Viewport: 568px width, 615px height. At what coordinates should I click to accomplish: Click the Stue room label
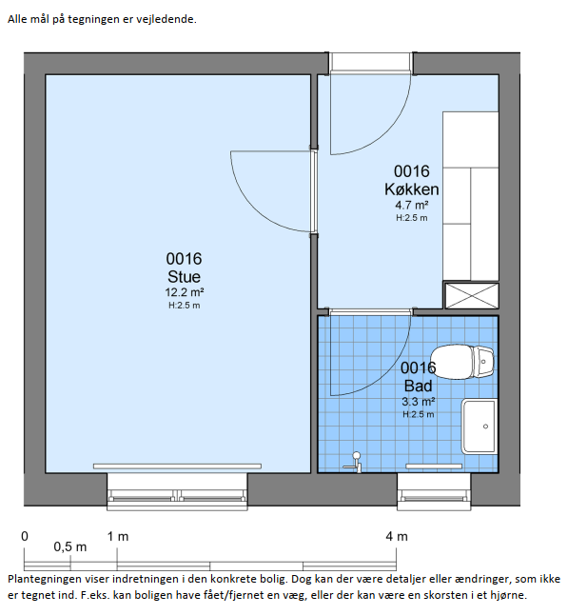tap(184, 276)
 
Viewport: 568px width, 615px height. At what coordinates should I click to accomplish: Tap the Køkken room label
tap(412, 189)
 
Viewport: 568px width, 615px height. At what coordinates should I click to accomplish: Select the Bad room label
tap(419, 386)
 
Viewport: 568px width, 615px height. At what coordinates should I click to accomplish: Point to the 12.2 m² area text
tap(184, 292)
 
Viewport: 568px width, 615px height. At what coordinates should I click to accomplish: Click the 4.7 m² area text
tap(412, 205)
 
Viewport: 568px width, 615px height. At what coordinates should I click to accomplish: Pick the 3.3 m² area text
tap(419, 401)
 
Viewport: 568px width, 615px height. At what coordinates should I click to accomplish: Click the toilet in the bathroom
tap(461, 362)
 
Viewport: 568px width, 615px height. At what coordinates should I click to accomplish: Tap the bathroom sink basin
tap(480, 427)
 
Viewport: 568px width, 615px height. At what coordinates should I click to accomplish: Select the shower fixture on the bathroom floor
tap(354, 463)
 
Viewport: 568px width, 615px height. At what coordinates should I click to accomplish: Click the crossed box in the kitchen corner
tap(471, 296)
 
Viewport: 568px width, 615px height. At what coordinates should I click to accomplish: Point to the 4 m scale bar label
tap(397, 536)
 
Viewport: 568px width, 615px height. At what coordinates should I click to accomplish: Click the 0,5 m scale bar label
tap(70, 546)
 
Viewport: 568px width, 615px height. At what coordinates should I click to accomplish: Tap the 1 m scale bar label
tap(118, 536)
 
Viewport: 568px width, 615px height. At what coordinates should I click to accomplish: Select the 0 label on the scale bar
tap(25, 536)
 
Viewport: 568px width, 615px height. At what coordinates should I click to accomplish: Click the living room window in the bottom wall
tap(177, 492)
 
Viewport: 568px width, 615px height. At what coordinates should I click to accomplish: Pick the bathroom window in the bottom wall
tap(434, 492)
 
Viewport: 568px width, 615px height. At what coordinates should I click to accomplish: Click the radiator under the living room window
tap(177, 466)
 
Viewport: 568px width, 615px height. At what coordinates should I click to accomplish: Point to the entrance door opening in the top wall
tap(370, 63)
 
